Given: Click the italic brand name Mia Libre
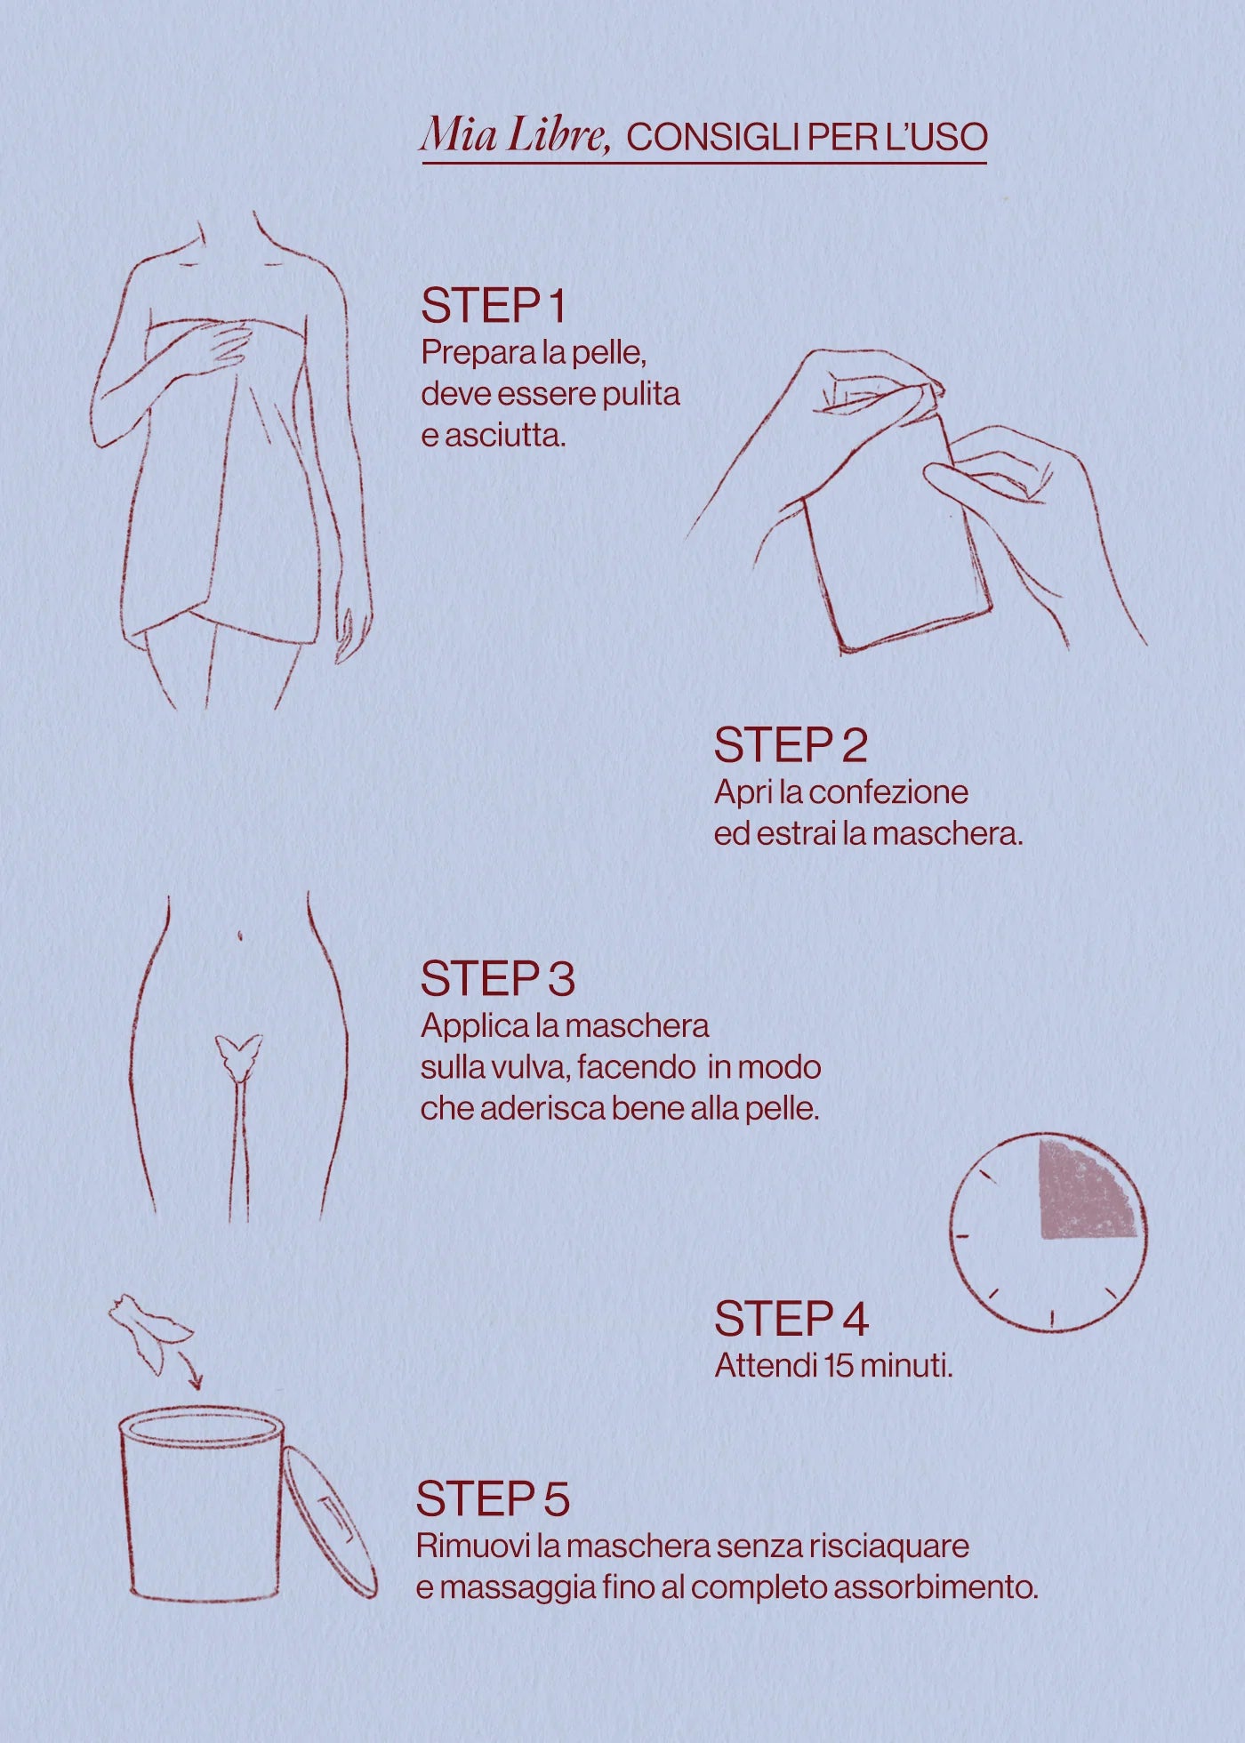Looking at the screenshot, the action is pos(515,135).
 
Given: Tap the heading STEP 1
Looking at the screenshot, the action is pos(494,306).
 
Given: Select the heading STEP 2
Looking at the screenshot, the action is pos(790,745).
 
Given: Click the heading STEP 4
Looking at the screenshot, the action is pos(791,1318).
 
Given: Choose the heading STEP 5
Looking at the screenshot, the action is pos(493,1498).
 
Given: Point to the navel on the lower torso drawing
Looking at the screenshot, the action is pos(241,936).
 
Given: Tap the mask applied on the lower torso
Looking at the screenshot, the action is pos(239,1056).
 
